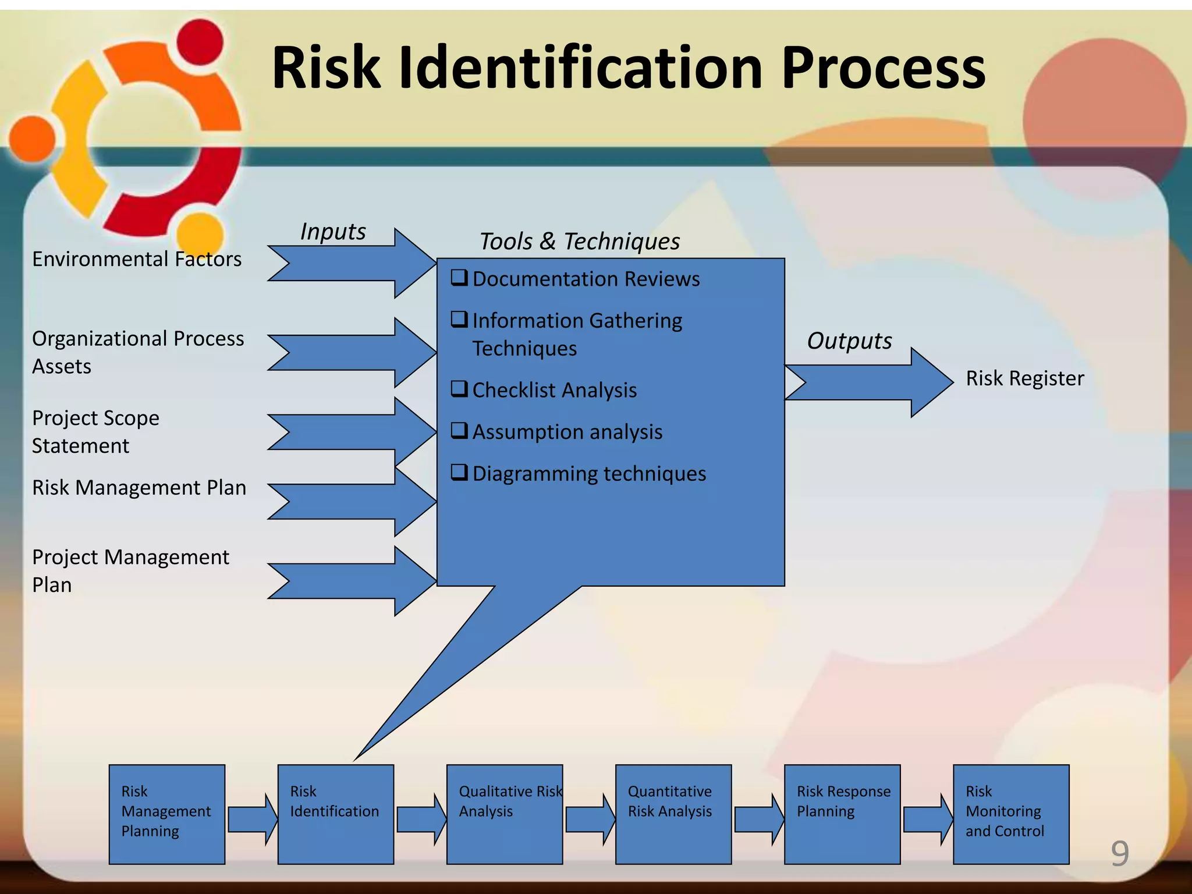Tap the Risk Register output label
tap(1024, 378)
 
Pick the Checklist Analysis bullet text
tap(554, 390)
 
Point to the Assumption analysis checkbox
tap(459, 431)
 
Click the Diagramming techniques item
tap(589, 474)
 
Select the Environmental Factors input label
tap(137, 259)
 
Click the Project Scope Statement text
tap(95, 431)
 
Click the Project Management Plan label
tap(130, 570)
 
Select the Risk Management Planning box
tap(166, 814)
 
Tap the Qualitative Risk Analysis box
tap(504, 814)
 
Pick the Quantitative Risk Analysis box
tap(673, 814)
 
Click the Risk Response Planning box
tap(842, 814)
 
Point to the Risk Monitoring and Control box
tap(1010, 814)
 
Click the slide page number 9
tap(1119, 854)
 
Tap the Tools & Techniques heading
tap(579, 241)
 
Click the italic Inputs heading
tap(333, 232)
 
